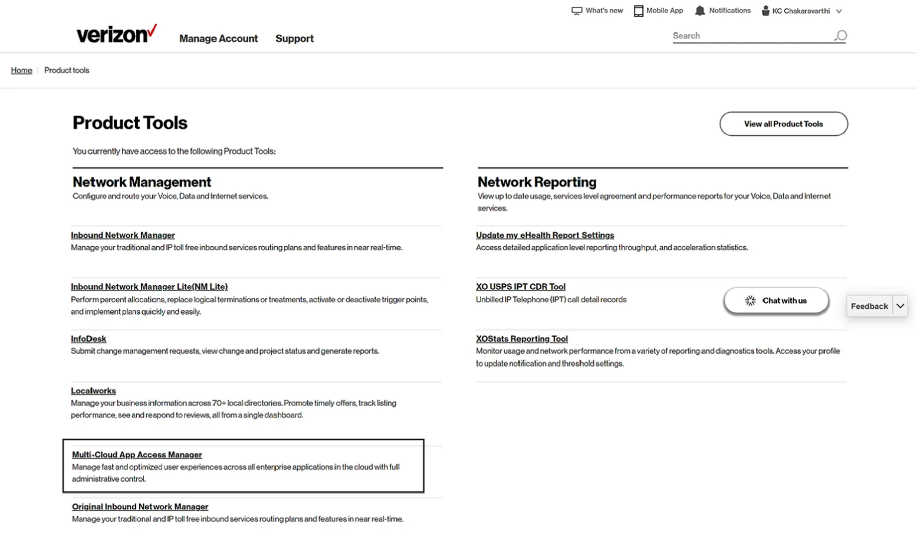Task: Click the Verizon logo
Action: click(116, 34)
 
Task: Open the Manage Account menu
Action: click(218, 38)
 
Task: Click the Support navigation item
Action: click(294, 38)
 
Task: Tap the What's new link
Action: click(597, 11)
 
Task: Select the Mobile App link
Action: click(659, 11)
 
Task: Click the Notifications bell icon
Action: click(700, 11)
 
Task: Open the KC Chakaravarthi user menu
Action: click(802, 11)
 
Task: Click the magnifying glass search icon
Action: click(840, 36)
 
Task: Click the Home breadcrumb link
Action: click(22, 70)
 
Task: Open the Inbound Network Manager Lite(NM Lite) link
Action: click(149, 287)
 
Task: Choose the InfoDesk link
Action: click(88, 339)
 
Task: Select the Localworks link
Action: click(93, 391)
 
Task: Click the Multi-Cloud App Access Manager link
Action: click(137, 455)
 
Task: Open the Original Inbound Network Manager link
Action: click(140, 506)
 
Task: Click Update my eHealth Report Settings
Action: click(545, 235)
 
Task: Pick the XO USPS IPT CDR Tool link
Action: click(521, 287)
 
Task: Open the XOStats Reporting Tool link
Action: click(522, 339)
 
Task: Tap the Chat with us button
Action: click(776, 300)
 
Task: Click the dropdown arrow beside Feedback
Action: click(900, 306)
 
